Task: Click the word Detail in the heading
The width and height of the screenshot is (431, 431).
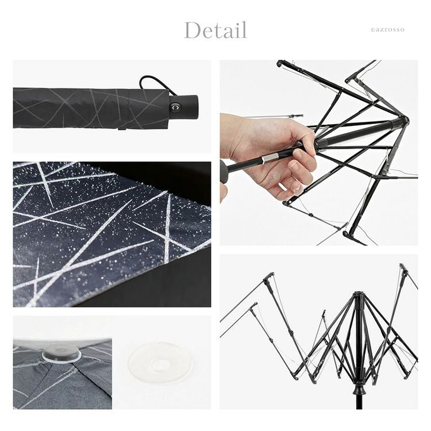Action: click(215, 30)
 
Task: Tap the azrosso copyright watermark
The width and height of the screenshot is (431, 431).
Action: click(387, 30)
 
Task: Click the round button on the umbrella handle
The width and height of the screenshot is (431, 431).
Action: click(175, 107)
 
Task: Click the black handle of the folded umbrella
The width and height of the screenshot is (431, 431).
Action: click(184, 107)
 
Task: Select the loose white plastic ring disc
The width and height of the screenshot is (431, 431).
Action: click(160, 362)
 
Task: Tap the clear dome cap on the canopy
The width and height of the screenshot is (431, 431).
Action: click(61, 353)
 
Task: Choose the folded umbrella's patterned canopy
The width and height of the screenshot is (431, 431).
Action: click(91, 108)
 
